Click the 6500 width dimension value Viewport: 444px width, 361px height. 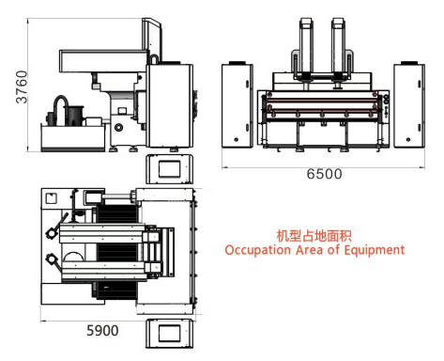click(x=324, y=175)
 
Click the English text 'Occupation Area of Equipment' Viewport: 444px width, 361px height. click(x=314, y=250)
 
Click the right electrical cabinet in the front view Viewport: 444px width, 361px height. click(x=410, y=106)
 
